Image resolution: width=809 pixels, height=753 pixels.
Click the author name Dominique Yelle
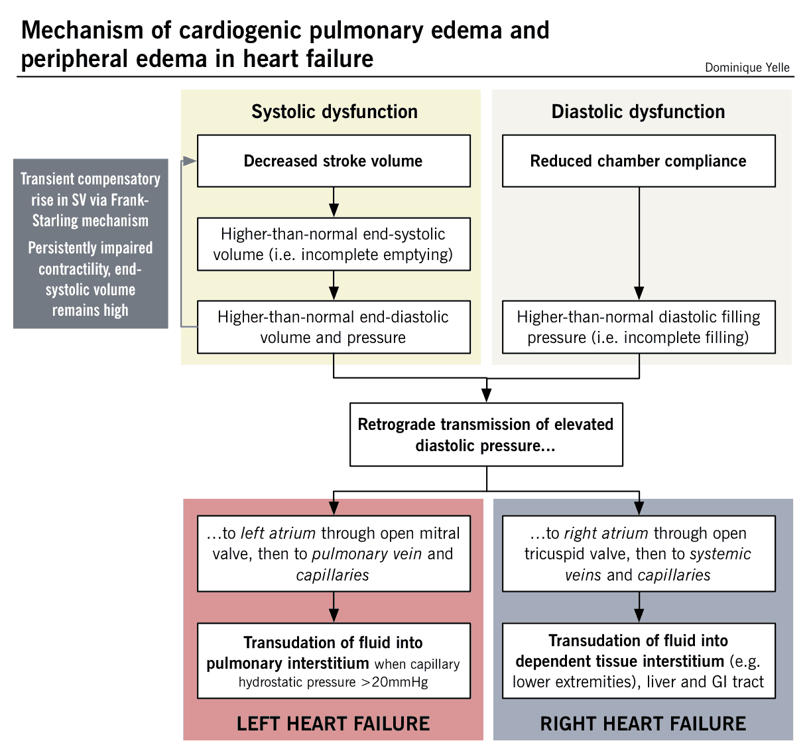(x=747, y=68)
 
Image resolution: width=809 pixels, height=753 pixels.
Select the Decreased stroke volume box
(x=334, y=161)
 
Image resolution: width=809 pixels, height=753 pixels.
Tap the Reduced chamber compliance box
(x=638, y=161)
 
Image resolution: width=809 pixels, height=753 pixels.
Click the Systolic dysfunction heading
(x=334, y=111)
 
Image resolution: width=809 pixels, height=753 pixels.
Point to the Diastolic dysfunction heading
(x=638, y=111)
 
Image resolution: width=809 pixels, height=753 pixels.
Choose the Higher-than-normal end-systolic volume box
(x=334, y=244)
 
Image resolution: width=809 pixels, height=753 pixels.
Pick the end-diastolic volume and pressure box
(x=334, y=327)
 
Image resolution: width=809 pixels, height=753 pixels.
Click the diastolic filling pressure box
(x=638, y=327)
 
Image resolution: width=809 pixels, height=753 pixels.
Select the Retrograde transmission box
(x=486, y=435)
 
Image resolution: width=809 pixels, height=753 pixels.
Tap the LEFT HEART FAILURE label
(x=333, y=723)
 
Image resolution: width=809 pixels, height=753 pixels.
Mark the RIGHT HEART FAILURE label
(x=643, y=723)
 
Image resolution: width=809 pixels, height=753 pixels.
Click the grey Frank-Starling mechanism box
(x=90, y=243)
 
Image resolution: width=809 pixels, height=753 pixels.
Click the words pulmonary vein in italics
(x=367, y=554)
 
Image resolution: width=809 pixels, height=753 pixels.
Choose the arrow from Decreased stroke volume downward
(x=334, y=202)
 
